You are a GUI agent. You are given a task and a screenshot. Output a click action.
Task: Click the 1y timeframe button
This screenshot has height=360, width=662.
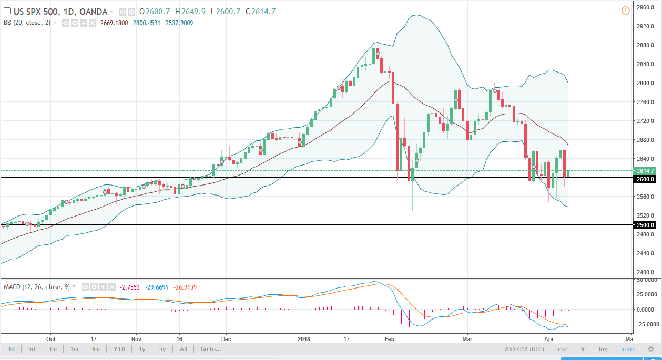pos(142,349)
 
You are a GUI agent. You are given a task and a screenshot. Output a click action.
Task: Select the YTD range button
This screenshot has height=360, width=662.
pos(119,349)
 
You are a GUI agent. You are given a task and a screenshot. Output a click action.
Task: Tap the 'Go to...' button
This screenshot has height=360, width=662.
pos(211,349)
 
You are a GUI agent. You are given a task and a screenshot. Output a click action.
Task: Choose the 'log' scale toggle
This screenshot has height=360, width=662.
pos(603,349)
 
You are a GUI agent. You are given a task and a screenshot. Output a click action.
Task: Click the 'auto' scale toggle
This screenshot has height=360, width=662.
pos(627,349)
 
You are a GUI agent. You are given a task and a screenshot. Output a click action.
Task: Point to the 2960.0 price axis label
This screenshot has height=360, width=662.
pos(644,7)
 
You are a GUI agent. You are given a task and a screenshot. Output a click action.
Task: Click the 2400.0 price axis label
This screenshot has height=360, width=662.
pos(644,272)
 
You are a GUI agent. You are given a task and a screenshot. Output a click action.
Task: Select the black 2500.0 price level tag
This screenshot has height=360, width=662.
pos(645,225)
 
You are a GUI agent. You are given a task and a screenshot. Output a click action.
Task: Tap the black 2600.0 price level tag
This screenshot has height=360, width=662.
pos(645,179)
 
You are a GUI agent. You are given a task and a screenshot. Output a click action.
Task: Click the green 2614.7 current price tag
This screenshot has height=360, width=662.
pos(645,171)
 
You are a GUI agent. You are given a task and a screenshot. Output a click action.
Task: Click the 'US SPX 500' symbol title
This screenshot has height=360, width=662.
pos(33,12)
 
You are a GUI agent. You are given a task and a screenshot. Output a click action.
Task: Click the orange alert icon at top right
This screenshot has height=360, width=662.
pos(625,10)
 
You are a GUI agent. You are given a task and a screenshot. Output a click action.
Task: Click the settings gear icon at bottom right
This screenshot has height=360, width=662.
pos(650,349)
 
